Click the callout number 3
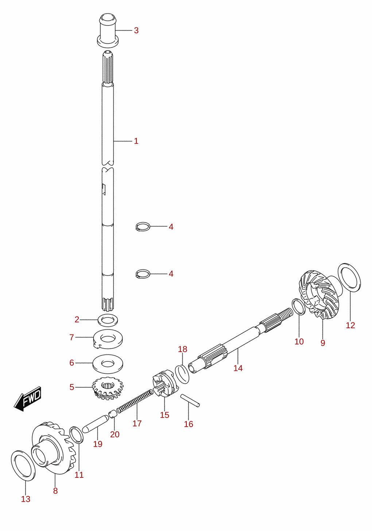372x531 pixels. tap(136, 30)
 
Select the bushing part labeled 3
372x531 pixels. tap(108, 30)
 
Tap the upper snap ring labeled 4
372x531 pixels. tap(143, 226)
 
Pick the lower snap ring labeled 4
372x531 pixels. tap(143, 274)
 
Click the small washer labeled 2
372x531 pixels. tap(108, 320)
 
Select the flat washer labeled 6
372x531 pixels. tap(108, 364)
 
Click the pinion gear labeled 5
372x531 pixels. tap(108, 389)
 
